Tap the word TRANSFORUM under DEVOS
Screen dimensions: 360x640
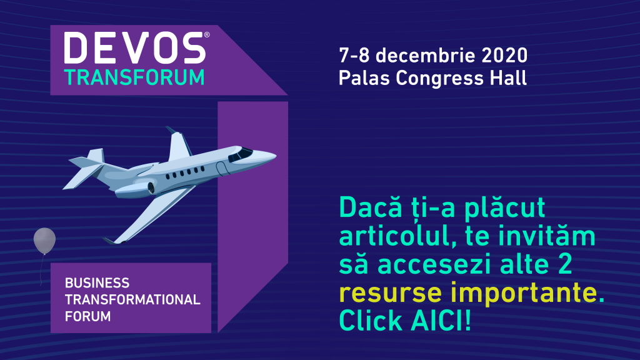point(134,77)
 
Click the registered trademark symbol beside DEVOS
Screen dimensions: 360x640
point(207,36)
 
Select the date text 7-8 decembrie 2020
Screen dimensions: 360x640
point(433,56)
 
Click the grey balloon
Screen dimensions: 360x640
point(44,241)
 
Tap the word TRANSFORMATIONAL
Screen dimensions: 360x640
point(132,299)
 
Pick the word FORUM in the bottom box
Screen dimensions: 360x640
point(87,316)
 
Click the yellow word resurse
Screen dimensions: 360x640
point(383,292)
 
